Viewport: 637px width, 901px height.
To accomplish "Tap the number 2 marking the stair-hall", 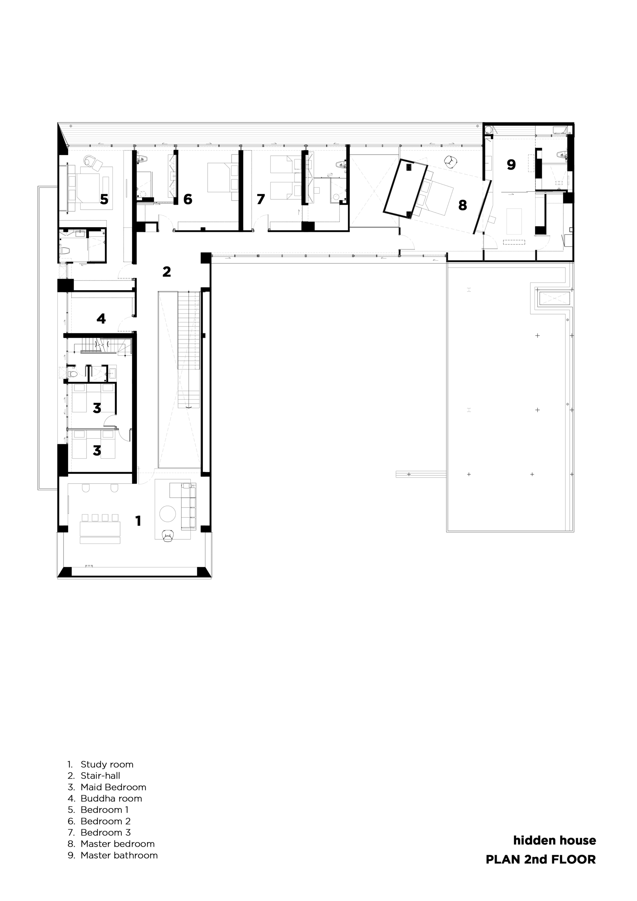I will pos(167,271).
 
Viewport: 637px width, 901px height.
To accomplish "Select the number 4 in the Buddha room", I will pos(101,318).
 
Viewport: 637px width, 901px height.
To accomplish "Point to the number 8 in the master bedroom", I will pos(462,205).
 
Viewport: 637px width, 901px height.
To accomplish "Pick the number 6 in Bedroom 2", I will pos(188,199).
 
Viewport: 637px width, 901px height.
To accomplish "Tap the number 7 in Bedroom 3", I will pos(261,199).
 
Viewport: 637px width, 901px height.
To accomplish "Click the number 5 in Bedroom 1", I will pos(104,199).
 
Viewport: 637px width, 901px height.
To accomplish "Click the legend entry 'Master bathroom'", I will pos(119,855).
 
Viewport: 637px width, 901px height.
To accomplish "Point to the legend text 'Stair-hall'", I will pos(100,775).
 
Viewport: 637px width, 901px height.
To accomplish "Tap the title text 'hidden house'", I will pos(554,840).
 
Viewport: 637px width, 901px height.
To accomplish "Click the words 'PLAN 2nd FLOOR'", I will pos(540,859).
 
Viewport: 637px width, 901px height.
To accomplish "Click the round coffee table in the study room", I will pos(168,514).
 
